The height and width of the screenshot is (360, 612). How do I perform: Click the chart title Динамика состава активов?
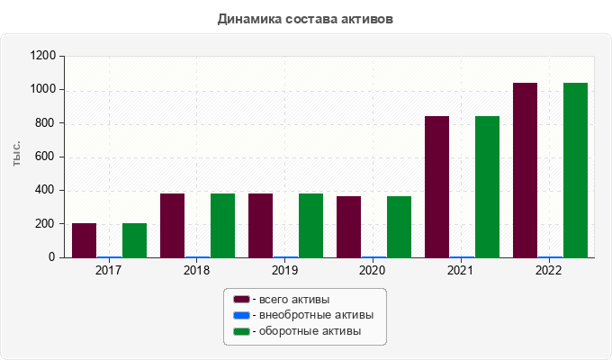point(305,18)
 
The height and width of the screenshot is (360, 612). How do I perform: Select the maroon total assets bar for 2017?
point(84,240)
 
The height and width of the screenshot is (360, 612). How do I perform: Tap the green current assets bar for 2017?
point(134,240)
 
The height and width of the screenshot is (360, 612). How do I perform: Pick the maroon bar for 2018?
point(172,225)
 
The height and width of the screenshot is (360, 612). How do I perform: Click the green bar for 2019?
point(310,225)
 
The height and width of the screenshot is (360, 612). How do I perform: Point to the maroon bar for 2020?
point(348,227)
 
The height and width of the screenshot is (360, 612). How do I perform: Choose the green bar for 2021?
point(487,186)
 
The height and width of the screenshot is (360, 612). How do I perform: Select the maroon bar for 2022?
point(525,170)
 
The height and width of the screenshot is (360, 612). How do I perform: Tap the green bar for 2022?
point(575,170)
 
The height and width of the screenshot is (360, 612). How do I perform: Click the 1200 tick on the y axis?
point(44,56)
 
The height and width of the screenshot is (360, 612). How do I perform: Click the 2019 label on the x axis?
point(285,270)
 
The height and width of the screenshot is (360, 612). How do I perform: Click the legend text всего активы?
point(292,299)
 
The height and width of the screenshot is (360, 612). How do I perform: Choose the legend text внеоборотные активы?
point(315,315)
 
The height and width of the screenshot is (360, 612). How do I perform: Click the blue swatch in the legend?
point(241,315)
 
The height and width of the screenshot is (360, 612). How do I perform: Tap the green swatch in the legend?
point(241,331)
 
